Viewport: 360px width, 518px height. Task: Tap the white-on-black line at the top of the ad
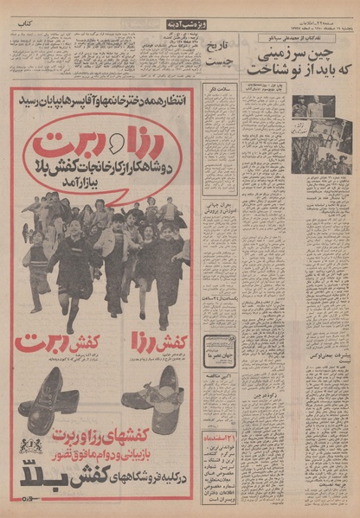click(101, 96)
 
